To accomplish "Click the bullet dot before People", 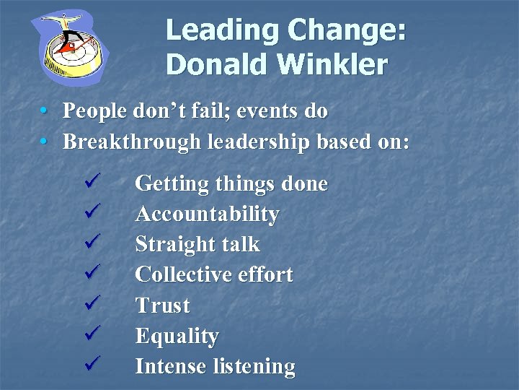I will click(45, 111).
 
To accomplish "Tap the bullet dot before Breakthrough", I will click(45, 142).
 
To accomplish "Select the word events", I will click(267, 111).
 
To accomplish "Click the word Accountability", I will click(207, 214).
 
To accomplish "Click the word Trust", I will click(162, 305).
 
